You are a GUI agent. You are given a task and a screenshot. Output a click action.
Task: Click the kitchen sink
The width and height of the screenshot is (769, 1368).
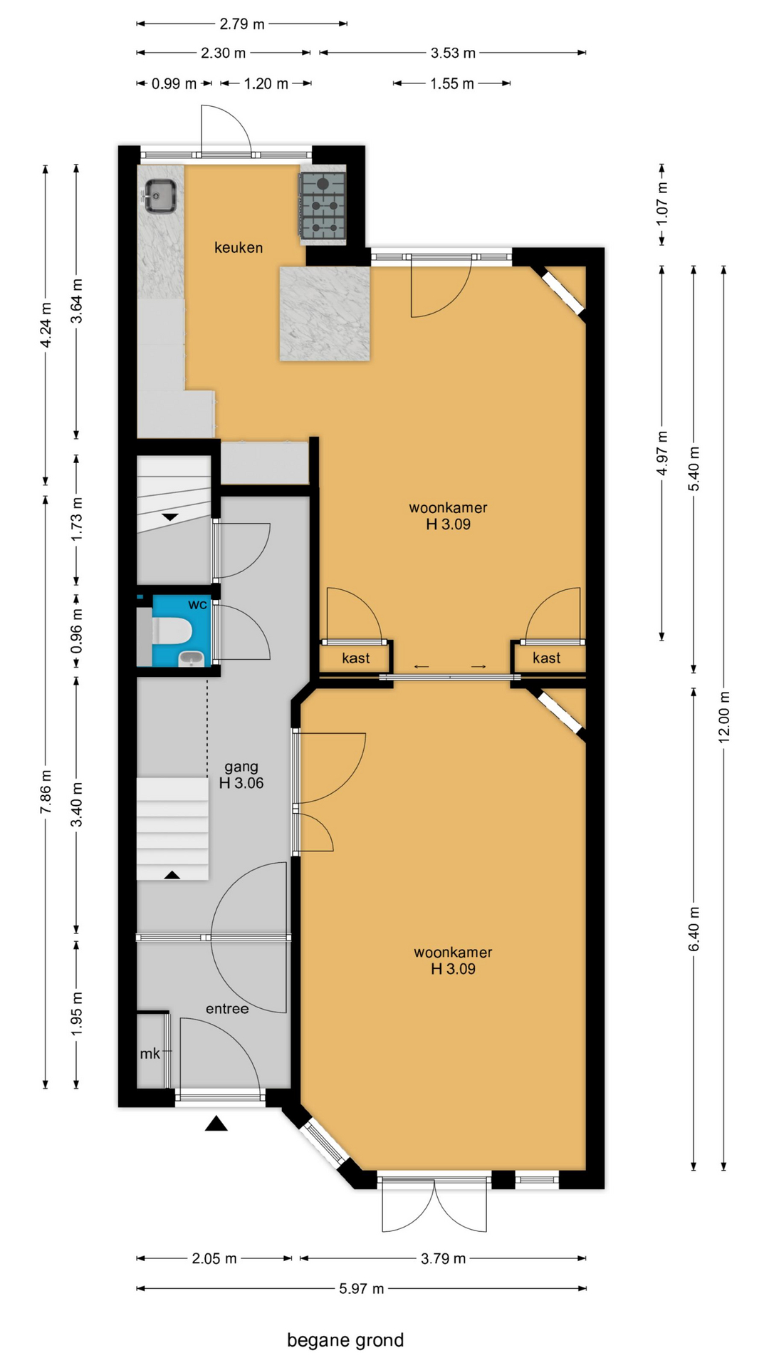coord(161,196)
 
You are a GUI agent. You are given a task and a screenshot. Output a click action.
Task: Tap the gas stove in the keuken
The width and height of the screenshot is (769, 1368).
coord(323,205)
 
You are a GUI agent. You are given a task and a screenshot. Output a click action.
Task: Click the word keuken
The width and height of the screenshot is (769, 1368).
coord(239,248)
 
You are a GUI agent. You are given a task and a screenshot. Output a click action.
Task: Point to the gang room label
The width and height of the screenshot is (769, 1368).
coord(241,774)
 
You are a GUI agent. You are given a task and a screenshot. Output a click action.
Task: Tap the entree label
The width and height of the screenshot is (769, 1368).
coord(227,1009)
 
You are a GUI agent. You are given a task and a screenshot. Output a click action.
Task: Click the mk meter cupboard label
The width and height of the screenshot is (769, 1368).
coord(150,1054)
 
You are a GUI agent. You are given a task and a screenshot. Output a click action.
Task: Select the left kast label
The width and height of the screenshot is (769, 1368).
coord(355,658)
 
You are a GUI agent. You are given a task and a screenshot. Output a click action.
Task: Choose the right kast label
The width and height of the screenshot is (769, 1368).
coord(546,658)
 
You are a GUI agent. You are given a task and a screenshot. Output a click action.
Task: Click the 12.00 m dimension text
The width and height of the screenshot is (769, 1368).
coord(723,717)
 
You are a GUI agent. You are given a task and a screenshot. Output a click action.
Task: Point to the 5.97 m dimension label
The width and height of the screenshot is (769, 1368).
coord(362,1288)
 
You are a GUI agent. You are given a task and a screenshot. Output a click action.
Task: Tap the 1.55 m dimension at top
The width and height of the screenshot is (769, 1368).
coord(451,83)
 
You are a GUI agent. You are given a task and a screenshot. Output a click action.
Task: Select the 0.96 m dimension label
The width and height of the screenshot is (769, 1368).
coord(77,631)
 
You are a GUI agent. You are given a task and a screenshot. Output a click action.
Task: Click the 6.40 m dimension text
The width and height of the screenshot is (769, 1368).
coord(694,928)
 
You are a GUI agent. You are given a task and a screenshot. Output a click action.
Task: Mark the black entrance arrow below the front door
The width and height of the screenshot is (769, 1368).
coord(216,1124)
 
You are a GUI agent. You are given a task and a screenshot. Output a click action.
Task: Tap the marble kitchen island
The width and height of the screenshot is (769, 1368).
coord(325,313)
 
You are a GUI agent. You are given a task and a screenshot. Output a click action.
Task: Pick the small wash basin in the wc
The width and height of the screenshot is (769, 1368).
coord(190,659)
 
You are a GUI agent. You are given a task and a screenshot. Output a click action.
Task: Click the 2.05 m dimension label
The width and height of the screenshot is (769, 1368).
coord(214,1258)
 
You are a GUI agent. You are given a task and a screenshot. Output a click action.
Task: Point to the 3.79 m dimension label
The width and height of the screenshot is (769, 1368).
coord(443,1258)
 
